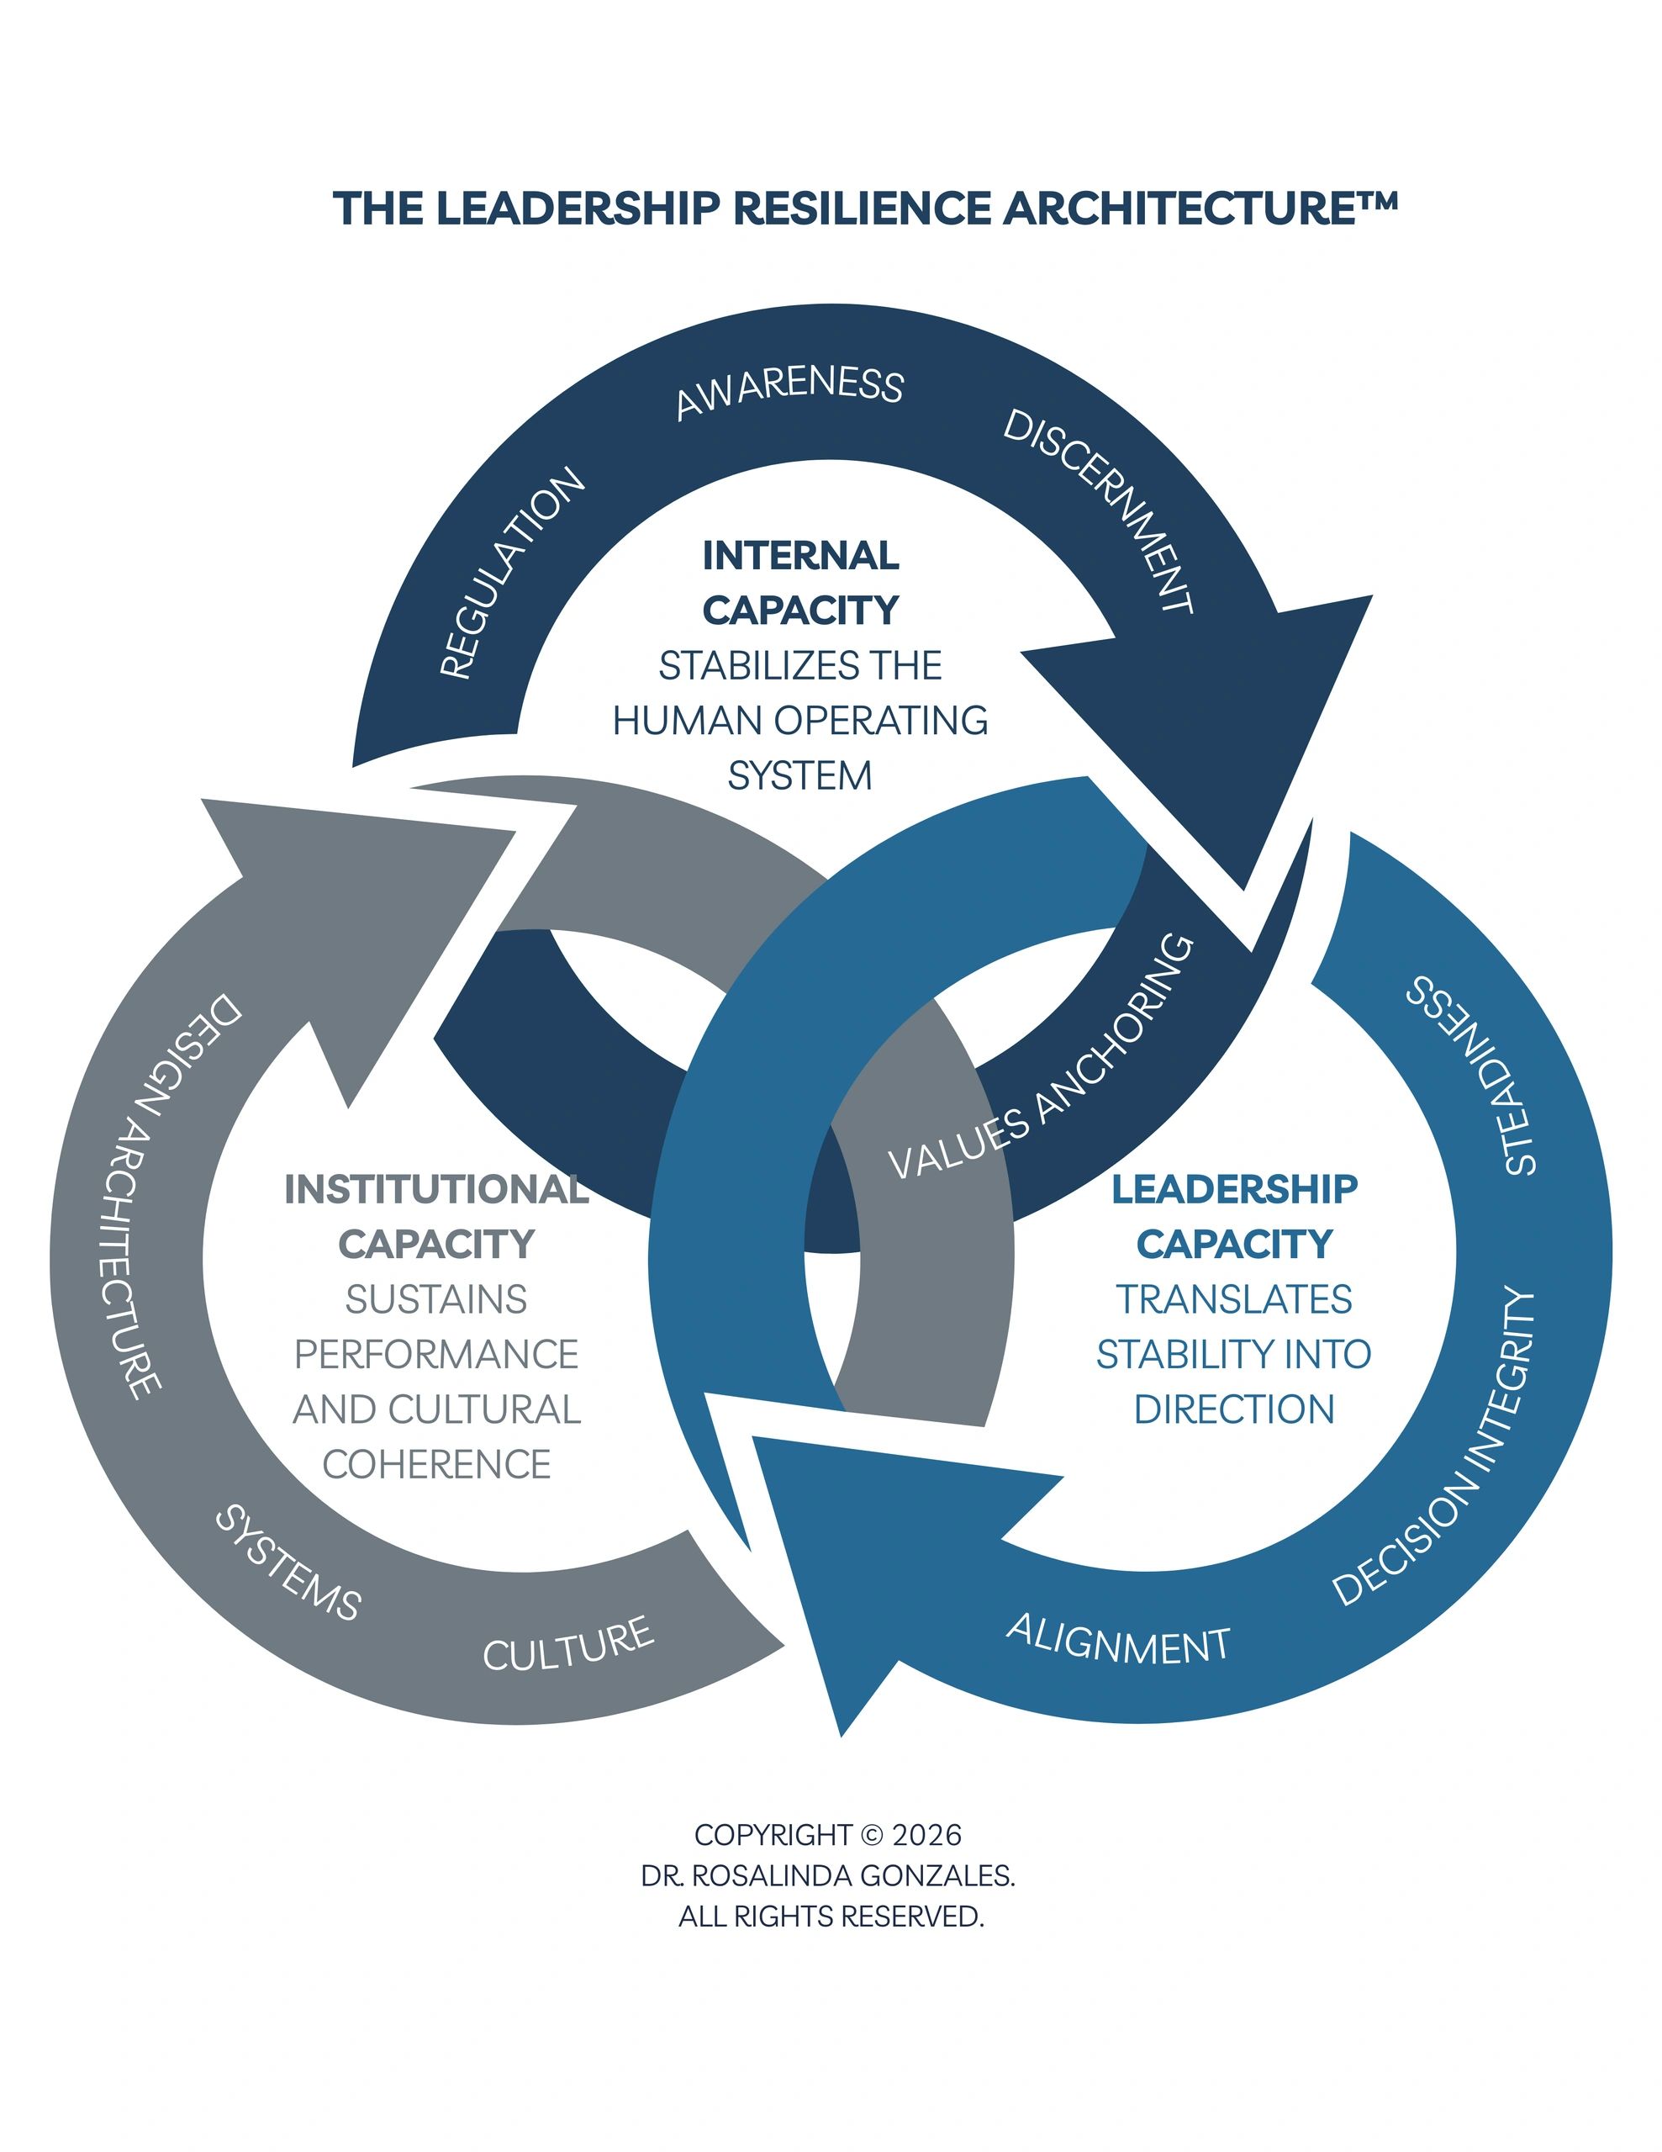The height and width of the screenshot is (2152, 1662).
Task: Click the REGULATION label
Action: click(x=511, y=574)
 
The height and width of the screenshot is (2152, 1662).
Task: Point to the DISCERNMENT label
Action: click(x=1099, y=512)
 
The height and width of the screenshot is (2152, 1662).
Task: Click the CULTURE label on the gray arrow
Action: click(x=568, y=1643)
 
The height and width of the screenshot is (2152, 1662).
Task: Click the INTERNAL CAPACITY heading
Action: click(x=800, y=582)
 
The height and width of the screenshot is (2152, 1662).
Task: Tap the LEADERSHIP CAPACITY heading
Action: click(x=1233, y=1216)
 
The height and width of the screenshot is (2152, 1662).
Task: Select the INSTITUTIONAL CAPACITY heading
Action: click(x=436, y=1216)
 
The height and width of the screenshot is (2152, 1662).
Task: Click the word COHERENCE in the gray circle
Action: click(x=436, y=1465)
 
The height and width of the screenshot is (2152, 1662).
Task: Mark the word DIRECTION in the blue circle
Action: click(x=1233, y=1410)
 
